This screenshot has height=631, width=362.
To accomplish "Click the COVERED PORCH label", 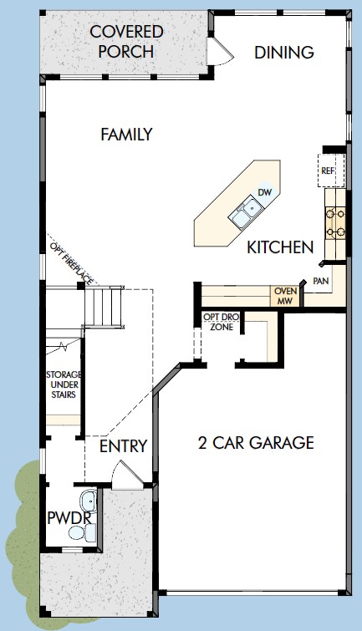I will pos(126,42).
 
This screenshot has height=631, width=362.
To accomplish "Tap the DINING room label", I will pos(283,53).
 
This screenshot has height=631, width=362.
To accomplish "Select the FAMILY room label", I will pos(126,134).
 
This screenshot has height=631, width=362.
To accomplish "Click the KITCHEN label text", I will pos(280,248).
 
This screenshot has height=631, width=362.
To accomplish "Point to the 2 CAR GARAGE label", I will pos(256,443).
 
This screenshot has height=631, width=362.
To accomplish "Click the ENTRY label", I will pos(123,446).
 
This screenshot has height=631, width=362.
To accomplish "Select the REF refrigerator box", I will pos(328,170).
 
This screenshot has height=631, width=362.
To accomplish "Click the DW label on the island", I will pos(265,192).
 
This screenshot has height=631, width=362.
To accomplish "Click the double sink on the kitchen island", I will pos(247,213).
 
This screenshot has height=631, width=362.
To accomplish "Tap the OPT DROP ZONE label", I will pos(222,323).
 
